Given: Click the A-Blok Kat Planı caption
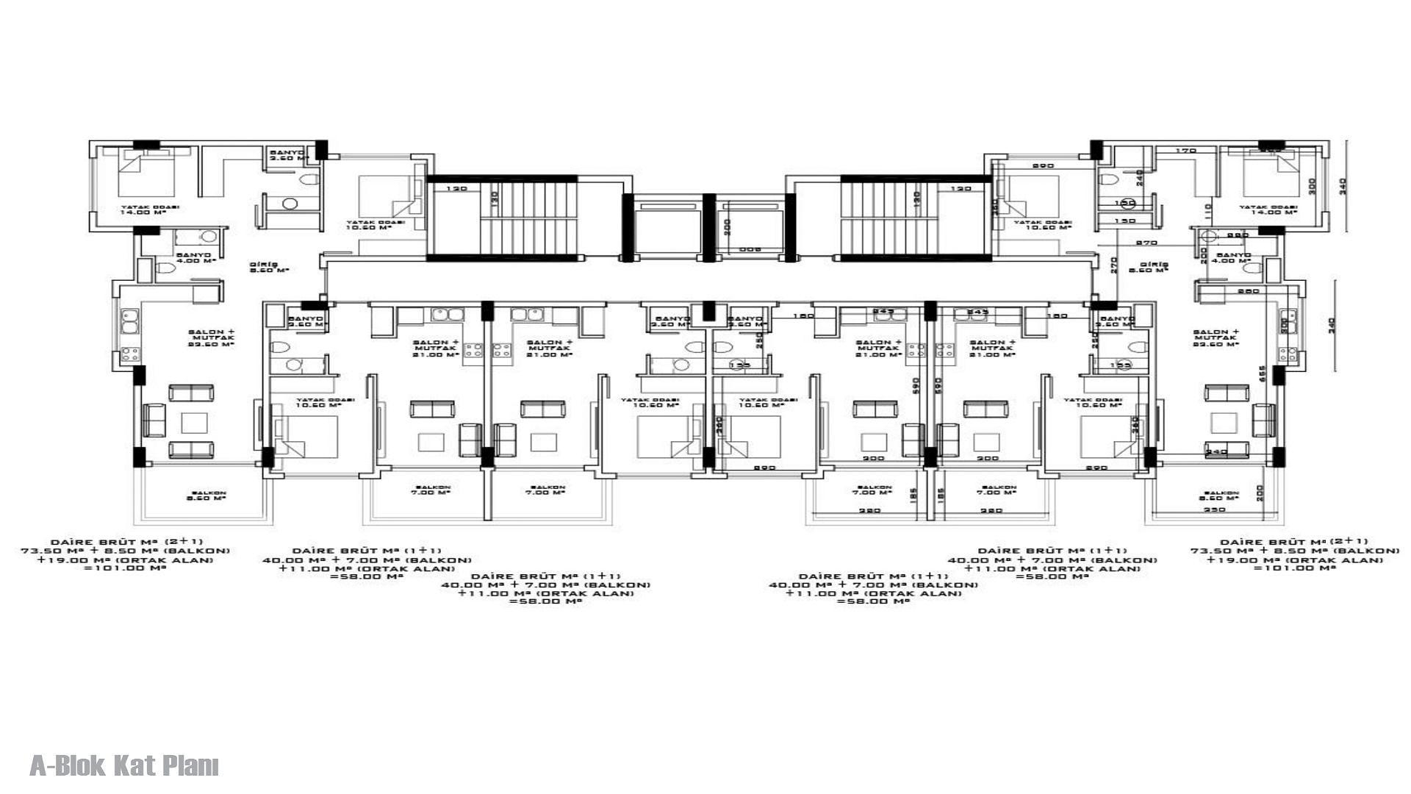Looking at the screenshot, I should [x=124, y=766].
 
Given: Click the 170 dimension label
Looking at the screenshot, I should [x=1186, y=151].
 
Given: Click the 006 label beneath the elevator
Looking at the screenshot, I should [x=749, y=249].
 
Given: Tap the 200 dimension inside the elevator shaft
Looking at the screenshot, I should [x=726, y=227].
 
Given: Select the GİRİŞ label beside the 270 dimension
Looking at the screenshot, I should [x=1153, y=268].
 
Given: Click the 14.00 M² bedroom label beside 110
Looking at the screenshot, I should [x=1268, y=210].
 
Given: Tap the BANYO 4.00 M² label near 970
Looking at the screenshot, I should [x=1232, y=258].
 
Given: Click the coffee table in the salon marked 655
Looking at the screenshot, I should [x=1224, y=422].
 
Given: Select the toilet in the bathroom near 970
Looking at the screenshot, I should [x=1251, y=268].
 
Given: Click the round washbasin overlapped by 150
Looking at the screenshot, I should [x=1125, y=203].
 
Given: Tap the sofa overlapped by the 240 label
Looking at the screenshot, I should [x=1226, y=449].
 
